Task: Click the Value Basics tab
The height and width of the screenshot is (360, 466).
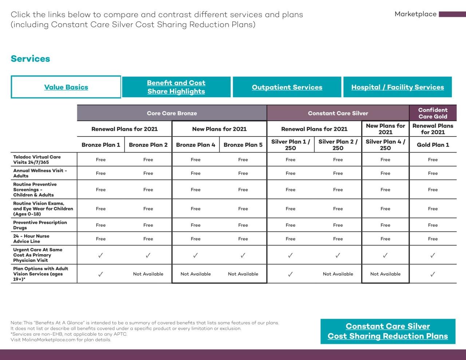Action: click(x=66, y=87)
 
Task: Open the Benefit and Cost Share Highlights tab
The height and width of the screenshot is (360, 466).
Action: click(x=176, y=87)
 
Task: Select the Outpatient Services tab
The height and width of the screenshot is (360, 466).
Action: click(x=287, y=87)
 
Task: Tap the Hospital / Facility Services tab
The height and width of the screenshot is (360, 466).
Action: click(x=398, y=87)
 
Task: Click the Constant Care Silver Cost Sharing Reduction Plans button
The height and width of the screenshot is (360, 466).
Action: click(x=388, y=331)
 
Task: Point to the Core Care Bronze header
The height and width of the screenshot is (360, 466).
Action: click(x=172, y=113)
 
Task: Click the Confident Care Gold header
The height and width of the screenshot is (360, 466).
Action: click(x=433, y=113)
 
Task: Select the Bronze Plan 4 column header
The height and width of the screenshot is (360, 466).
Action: click(x=196, y=145)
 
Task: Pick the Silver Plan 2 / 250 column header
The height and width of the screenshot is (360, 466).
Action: click(x=338, y=145)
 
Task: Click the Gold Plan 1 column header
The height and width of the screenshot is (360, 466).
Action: click(x=433, y=145)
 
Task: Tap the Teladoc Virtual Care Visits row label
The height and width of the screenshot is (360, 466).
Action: click(x=37, y=159)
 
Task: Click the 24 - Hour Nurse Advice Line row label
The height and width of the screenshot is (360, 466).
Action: click(x=31, y=239)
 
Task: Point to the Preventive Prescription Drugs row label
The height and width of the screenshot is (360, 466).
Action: click(x=40, y=225)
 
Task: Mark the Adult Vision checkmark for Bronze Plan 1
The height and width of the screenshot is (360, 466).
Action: click(x=101, y=274)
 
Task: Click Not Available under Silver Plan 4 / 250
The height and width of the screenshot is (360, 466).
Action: click(x=385, y=274)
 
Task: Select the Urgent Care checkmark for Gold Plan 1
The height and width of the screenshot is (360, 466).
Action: click(x=433, y=255)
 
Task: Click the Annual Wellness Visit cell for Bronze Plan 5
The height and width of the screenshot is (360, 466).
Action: click(x=243, y=173)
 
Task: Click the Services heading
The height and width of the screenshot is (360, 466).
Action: click(x=30, y=59)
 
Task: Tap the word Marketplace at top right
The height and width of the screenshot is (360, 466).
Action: click(x=415, y=14)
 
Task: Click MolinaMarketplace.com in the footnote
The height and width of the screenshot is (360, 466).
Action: click(x=48, y=340)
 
